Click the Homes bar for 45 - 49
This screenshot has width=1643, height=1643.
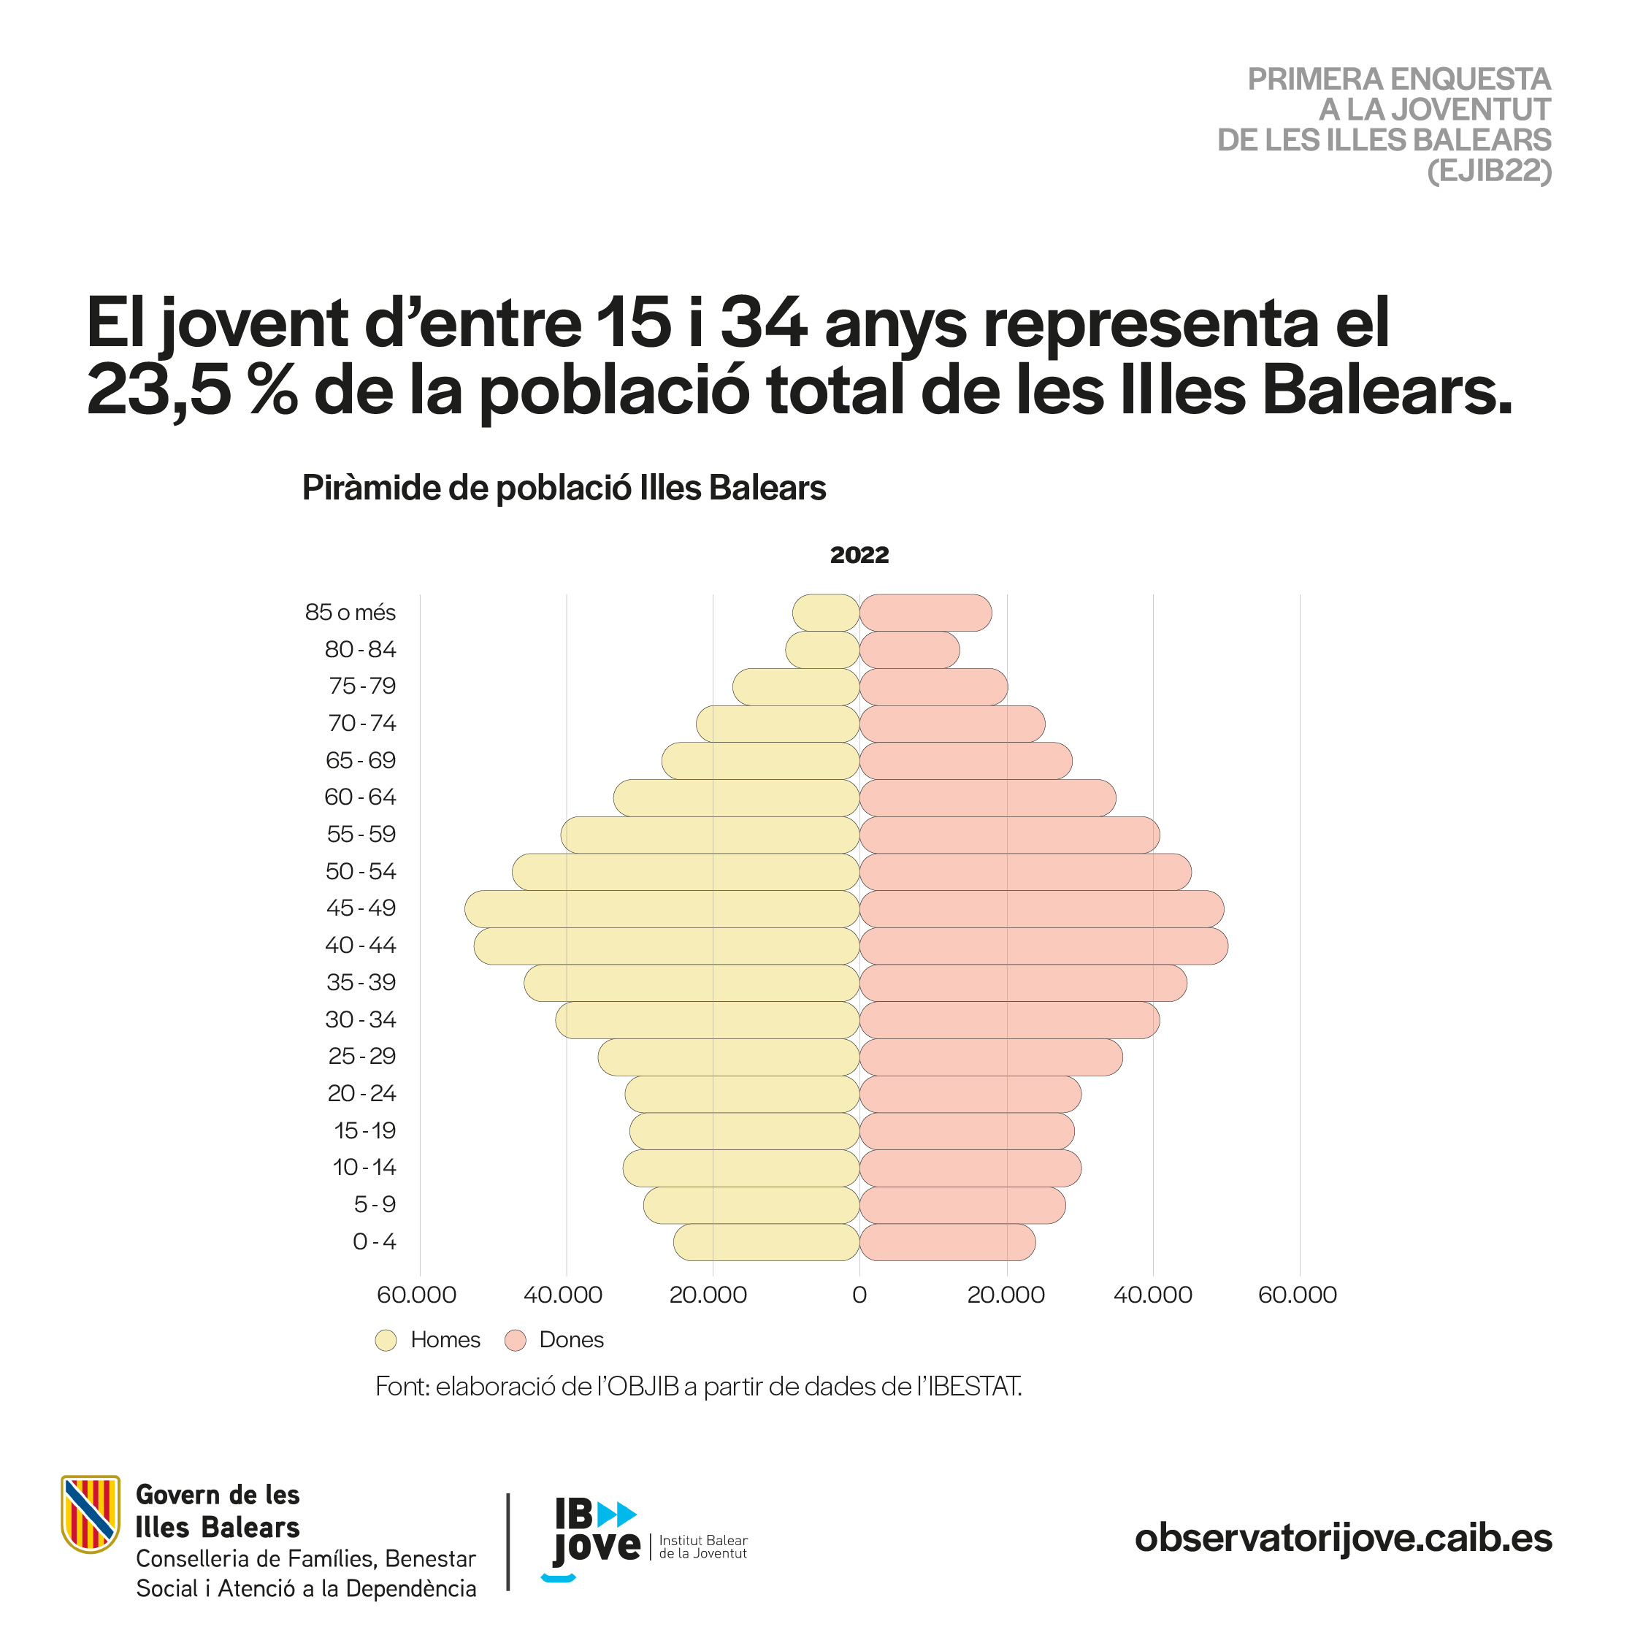[662, 909]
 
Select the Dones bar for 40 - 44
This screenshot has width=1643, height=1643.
[1044, 946]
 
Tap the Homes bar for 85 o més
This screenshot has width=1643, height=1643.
[826, 613]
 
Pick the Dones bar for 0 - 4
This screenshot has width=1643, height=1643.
[947, 1241]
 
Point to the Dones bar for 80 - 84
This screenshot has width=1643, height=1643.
[910, 650]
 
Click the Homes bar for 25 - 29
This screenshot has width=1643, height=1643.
[729, 1057]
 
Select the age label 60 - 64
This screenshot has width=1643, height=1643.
[361, 797]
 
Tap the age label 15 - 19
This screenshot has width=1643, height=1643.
[365, 1130]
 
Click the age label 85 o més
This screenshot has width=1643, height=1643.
[351, 613]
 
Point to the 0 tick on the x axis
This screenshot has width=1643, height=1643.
[859, 1295]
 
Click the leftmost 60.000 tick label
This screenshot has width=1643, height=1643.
[417, 1295]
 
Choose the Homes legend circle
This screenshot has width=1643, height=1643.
[386, 1340]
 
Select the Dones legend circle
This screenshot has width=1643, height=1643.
[516, 1340]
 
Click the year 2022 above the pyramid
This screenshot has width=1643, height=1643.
[859, 554]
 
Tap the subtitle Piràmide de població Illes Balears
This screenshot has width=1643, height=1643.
[564, 488]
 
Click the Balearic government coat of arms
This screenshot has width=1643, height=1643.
[90, 1525]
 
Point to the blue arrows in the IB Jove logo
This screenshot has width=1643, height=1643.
[616, 1514]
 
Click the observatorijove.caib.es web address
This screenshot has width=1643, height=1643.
[1344, 1538]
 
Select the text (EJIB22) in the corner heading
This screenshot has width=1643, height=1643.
[1490, 171]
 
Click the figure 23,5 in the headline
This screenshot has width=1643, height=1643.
[159, 391]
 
